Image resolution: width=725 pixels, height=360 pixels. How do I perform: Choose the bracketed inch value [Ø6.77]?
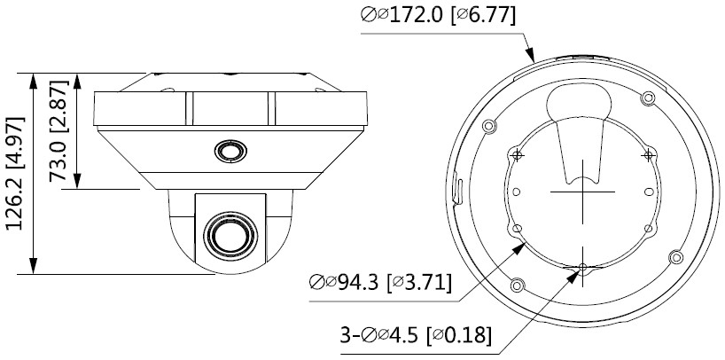pyautogui.click(x=480, y=15)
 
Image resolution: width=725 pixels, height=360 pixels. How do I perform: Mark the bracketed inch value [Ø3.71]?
pyautogui.click(x=422, y=284)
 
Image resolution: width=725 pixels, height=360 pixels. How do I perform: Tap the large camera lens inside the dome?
pyautogui.click(x=227, y=235)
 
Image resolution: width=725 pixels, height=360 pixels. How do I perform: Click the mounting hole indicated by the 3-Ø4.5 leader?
pyautogui.click(x=582, y=267)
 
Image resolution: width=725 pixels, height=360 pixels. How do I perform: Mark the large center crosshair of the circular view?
pyautogui.click(x=582, y=190)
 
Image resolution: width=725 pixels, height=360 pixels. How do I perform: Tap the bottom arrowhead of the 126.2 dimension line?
pyautogui.click(x=34, y=270)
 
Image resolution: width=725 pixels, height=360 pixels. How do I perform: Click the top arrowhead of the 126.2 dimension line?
pyautogui.click(x=34, y=74)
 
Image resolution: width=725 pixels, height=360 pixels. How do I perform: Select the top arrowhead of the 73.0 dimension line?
pyautogui.click(x=82, y=74)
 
